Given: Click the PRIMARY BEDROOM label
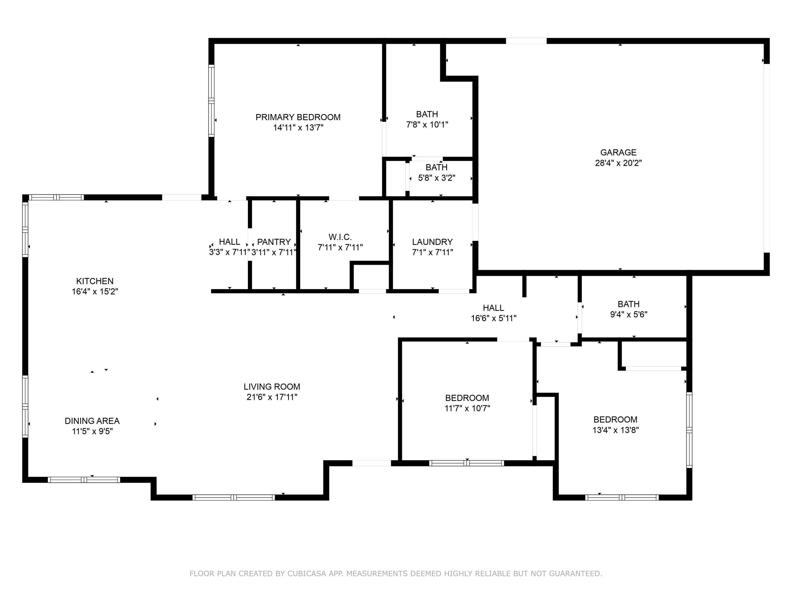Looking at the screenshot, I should pyautogui.click(x=298, y=117).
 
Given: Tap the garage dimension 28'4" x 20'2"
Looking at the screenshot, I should pyautogui.click(x=618, y=163).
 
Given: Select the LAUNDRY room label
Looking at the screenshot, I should pyautogui.click(x=432, y=242).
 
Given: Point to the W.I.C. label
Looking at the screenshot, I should pyautogui.click(x=340, y=237).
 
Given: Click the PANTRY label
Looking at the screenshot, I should pyautogui.click(x=274, y=242).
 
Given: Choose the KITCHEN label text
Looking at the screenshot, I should pyautogui.click(x=95, y=281).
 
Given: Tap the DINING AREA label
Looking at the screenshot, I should pyautogui.click(x=92, y=421).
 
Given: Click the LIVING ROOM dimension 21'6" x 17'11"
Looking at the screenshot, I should pyautogui.click(x=272, y=397).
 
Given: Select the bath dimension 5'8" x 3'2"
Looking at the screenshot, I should pyautogui.click(x=436, y=178).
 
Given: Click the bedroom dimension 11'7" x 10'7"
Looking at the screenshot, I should pyautogui.click(x=467, y=408).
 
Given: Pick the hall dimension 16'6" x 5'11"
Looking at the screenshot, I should pyautogui.click(x=493, y=318).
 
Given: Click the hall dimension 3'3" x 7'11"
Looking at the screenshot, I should pyautogui.click(x=229, y=252).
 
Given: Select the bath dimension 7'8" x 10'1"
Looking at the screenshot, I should pyautogui.click(x=427, y=125).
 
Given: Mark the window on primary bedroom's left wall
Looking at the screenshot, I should pyautogui.click(x=211, y=101).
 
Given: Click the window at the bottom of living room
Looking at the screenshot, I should pyautogui.click(x=233, y=497).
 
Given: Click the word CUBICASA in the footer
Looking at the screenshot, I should pyautogui.click(x=307, y=574).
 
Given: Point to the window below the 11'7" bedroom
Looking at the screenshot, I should pyautogui.click(x=466, y=463).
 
